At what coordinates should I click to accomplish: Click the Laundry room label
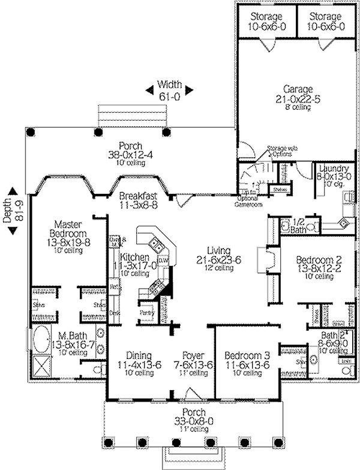coord(330,169)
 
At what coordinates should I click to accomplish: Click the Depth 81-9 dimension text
coord(10,209)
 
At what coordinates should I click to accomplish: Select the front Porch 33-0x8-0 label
coord(190,412)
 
